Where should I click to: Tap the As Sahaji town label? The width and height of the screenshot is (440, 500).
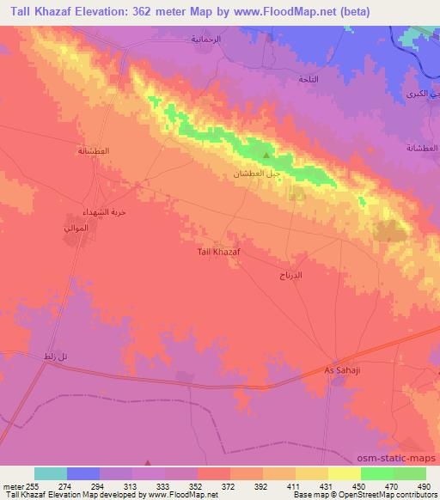339,369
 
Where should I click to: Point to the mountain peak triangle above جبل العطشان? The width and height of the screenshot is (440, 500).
266,156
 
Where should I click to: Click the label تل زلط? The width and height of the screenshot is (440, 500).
54,356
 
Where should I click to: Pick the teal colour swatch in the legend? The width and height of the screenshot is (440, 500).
51,473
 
